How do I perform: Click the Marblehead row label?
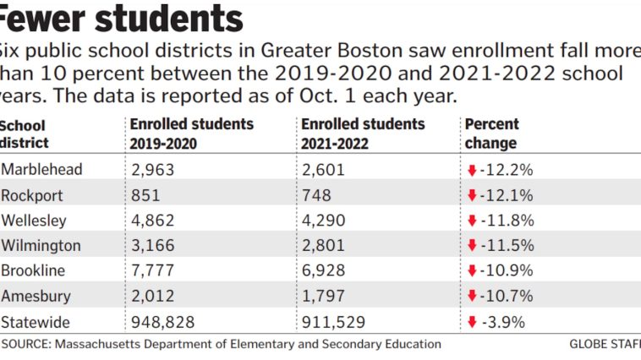click(x=41, y=170)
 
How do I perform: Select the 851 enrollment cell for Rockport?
click(x=145, y=195)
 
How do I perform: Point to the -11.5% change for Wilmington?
click(x=507, y=246)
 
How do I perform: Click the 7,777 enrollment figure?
click(x=153, y=271)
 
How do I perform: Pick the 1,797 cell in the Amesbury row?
click(x=322, y=297)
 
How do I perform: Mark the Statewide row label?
click(x=36, y=322)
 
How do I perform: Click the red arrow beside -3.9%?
click(x=471, y=322)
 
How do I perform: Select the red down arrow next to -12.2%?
click(x=471, y=170)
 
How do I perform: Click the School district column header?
click(x=25, y=134)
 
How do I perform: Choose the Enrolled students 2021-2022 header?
click(x=363, y=134)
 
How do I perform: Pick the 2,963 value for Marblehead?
click(x=153, y=170)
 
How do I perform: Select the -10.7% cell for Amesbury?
click(x=507, y=297)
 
